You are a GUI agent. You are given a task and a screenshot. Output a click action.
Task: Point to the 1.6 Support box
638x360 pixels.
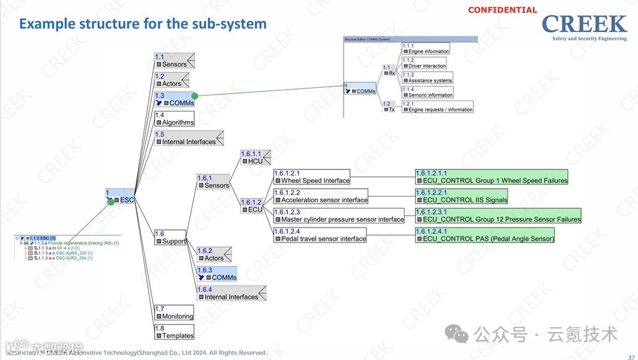click(x=170, y=238)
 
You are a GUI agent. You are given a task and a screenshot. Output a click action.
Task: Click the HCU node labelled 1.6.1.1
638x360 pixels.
click(x=252, y=157)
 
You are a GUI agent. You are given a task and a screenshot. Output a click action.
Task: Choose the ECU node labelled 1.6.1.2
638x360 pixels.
click(x=252, y=206)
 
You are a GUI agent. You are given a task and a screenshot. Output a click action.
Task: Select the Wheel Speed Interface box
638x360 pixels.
click(x=312, y=177)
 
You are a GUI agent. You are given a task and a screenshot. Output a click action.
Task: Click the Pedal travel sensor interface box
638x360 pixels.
click(x=320, y=235)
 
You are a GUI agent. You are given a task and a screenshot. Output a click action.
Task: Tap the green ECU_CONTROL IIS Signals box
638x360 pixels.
click(x=462, y=197)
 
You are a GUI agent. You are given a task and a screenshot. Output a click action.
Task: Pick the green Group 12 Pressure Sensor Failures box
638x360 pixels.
click(x=498, y=216)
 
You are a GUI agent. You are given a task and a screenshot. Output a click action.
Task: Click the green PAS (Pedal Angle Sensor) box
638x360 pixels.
click(x=485, y=235)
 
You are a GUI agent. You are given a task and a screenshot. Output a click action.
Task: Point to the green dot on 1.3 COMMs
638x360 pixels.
click(x=194, y=96)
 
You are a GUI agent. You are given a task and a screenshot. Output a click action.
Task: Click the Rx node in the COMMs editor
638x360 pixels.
click(x=389, y=71)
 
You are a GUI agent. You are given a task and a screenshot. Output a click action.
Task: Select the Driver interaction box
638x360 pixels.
click(x=424, y=63)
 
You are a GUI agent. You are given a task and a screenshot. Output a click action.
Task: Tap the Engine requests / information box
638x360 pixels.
click(x=438, y=107)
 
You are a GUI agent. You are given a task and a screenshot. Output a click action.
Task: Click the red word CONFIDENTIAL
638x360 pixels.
click(x=502, y=10)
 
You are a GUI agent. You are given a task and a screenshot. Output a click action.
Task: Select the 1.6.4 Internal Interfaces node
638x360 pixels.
click(x=231, y=293)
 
